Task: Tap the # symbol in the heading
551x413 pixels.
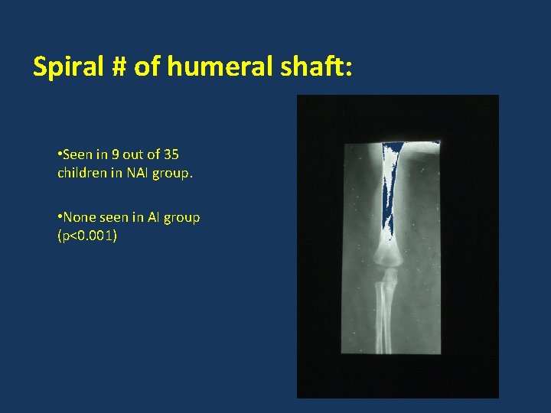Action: click(x=117, y=67)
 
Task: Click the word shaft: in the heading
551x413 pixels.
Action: click(x=315, y=67)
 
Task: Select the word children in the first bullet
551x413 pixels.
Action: click(x=82, y=173)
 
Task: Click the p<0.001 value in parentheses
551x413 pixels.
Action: click(x=87, y=236)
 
